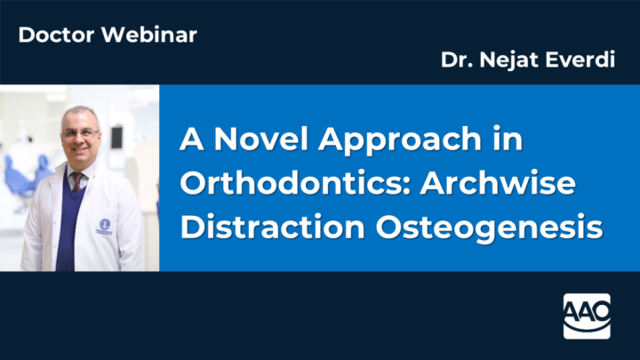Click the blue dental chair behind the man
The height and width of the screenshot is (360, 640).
click(x=22, y=173)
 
